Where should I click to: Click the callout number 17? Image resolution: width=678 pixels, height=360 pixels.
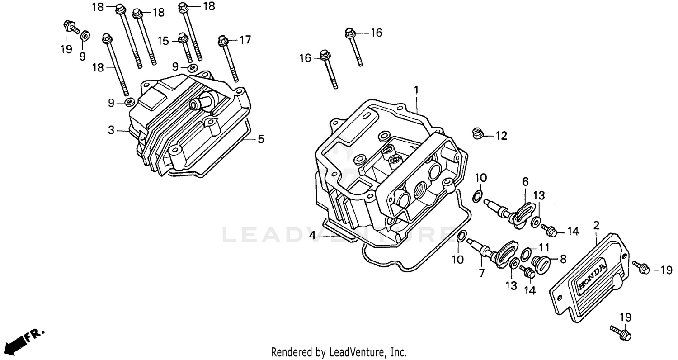pos(245,40)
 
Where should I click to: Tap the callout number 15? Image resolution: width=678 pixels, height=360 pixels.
pos(163,41)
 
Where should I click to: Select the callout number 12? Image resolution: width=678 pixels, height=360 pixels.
pos(501,135)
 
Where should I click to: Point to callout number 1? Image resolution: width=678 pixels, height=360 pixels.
pos(416,90)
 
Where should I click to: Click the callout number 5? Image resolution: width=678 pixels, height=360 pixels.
pos(261,139)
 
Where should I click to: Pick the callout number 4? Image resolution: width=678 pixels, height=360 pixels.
pos(312,236)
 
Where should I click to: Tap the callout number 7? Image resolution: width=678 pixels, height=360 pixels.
pos(481,273)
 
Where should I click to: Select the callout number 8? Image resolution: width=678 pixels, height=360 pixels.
pos(563,259)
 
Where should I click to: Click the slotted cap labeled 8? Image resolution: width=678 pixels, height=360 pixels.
pos(541,262)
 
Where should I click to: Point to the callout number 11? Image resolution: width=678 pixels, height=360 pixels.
pos(544,247)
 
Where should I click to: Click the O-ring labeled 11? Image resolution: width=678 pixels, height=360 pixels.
pos(526,255)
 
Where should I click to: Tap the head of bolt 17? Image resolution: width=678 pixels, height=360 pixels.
pos(222,40)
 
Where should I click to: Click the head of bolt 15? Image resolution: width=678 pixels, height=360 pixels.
pos(183,37)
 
